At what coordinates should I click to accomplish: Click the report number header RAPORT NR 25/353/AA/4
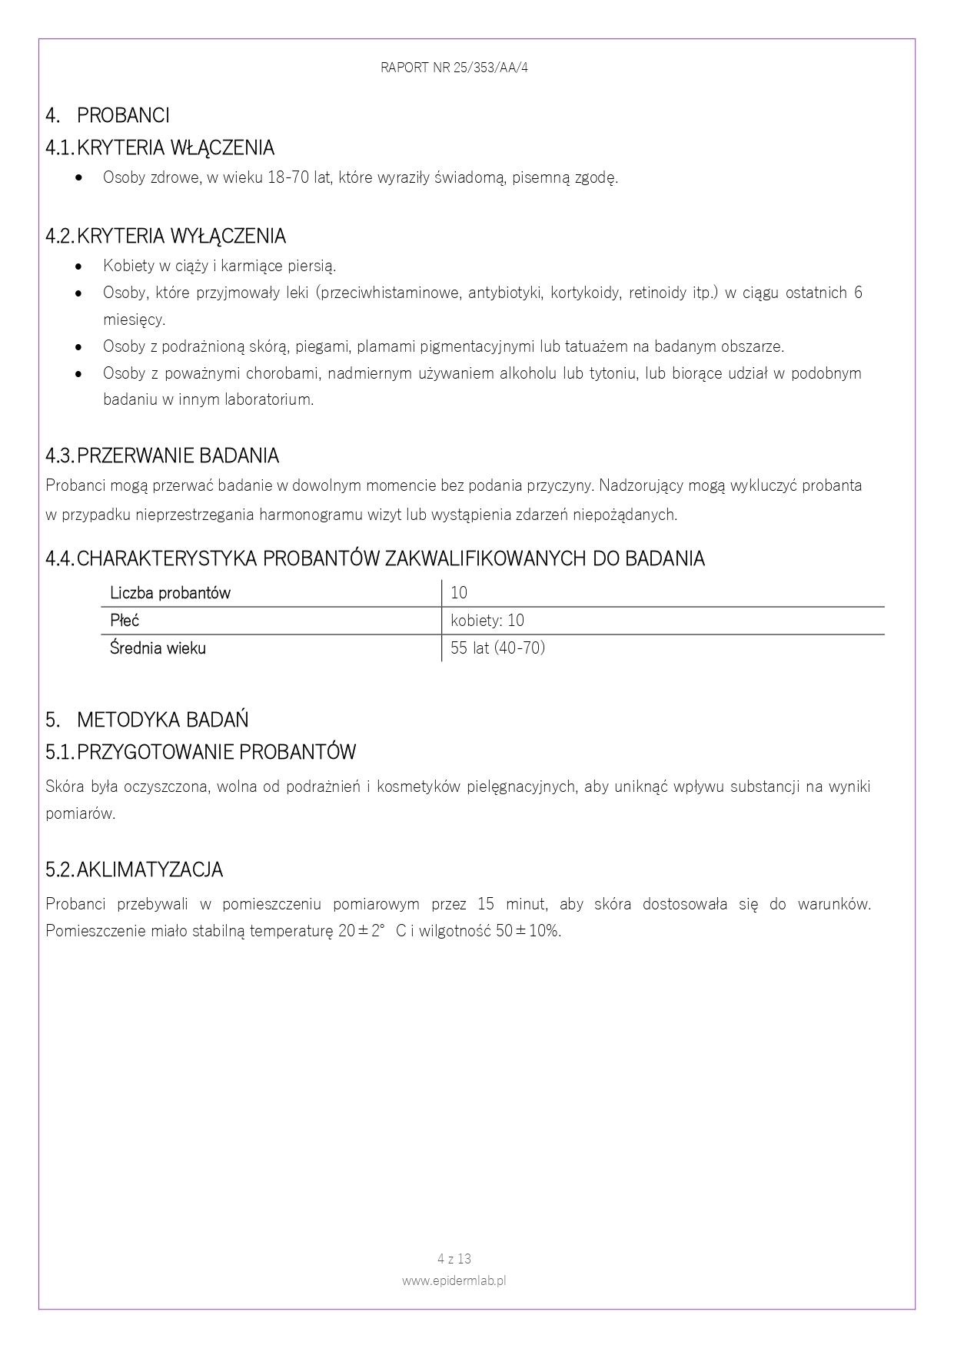click(x=454, y=68)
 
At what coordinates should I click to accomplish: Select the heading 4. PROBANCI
click(x=108, y=115)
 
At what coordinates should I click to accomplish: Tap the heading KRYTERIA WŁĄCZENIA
click(x=175, y=147)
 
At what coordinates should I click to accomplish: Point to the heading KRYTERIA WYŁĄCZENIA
click(x=181, y=236)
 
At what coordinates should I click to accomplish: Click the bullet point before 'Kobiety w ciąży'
click(x=79, y=267)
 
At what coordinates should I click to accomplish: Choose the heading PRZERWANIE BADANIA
click(x=178, y=455)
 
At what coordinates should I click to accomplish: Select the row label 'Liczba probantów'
click(x=170, y=593)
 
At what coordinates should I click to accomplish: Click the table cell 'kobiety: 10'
click(x=487, y=621)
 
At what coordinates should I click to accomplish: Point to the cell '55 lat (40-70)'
click(x=497, y=648)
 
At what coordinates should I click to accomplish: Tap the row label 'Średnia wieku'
click(x=158, y=648)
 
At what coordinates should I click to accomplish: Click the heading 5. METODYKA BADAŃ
click(x=147, y=720)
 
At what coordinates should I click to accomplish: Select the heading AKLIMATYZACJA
click(x=150, y=869)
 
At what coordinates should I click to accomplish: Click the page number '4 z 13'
click(x=454, y=1259)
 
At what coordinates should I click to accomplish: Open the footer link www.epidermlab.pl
click(x=454, y=1280)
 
